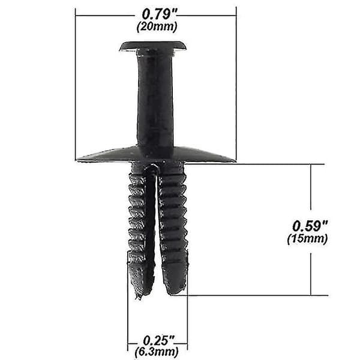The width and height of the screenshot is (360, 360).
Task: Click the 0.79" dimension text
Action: [160, 14]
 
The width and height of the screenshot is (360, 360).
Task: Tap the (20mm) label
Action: [157, 26]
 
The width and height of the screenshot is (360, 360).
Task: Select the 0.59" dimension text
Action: [310, 226]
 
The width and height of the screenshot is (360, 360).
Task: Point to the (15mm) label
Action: [307, 239]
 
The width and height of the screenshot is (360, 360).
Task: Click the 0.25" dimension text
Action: [158, 340]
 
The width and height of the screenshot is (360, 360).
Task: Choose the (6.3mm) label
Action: [157, 351]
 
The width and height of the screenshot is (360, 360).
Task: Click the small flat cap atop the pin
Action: [152, 46]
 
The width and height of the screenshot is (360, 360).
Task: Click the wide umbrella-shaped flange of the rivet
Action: [156, 154]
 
